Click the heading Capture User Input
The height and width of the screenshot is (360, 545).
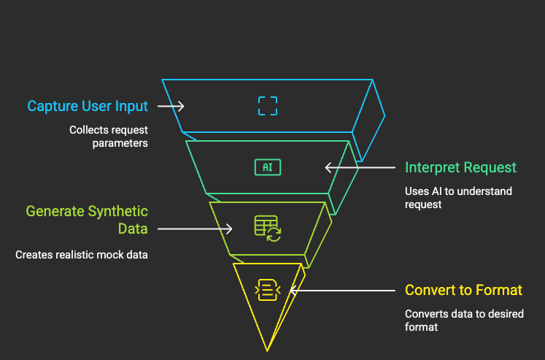(x=88, y=106)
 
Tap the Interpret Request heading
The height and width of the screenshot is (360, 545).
(x=460, y=167)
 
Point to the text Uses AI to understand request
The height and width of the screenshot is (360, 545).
(x=458, y=198)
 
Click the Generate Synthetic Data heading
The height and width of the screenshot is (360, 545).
(x=87, y=220)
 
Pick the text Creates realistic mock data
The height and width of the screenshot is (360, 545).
(x=81, y=255)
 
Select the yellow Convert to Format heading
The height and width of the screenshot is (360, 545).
(x=463, y=291)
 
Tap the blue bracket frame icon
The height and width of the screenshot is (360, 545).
(x=268, y=106)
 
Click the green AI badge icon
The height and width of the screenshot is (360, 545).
(x=268, y=167)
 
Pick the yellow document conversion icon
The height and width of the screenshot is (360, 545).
(x=268, y=290)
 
